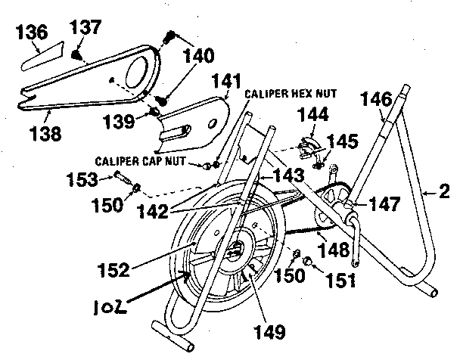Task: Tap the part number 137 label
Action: pos(86,28)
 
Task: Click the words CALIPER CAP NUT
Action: pos(147,162)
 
